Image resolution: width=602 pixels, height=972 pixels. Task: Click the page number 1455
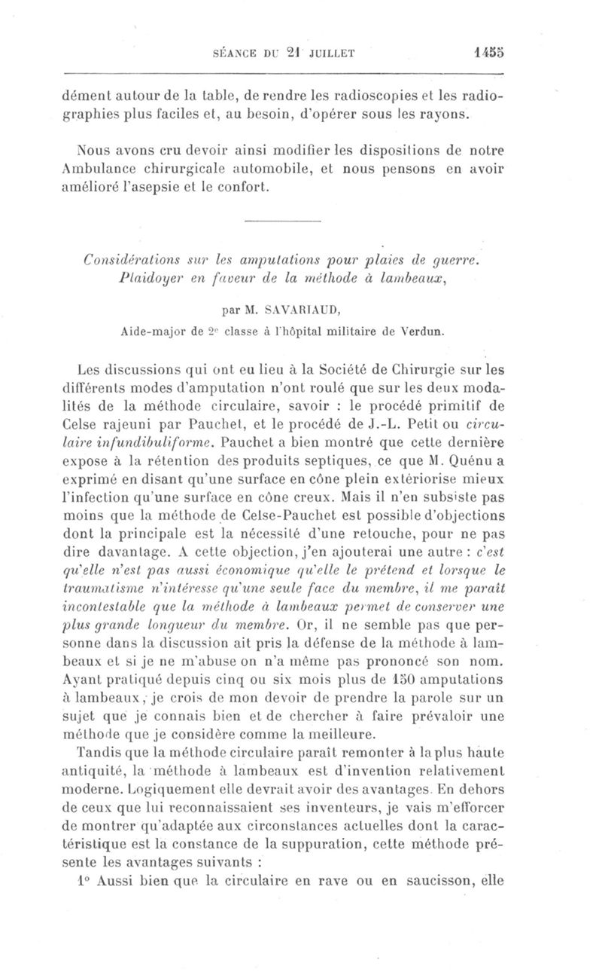(487, 53)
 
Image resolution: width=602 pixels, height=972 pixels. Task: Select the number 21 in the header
(277, 53)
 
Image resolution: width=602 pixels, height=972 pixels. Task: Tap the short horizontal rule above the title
(283, 220)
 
